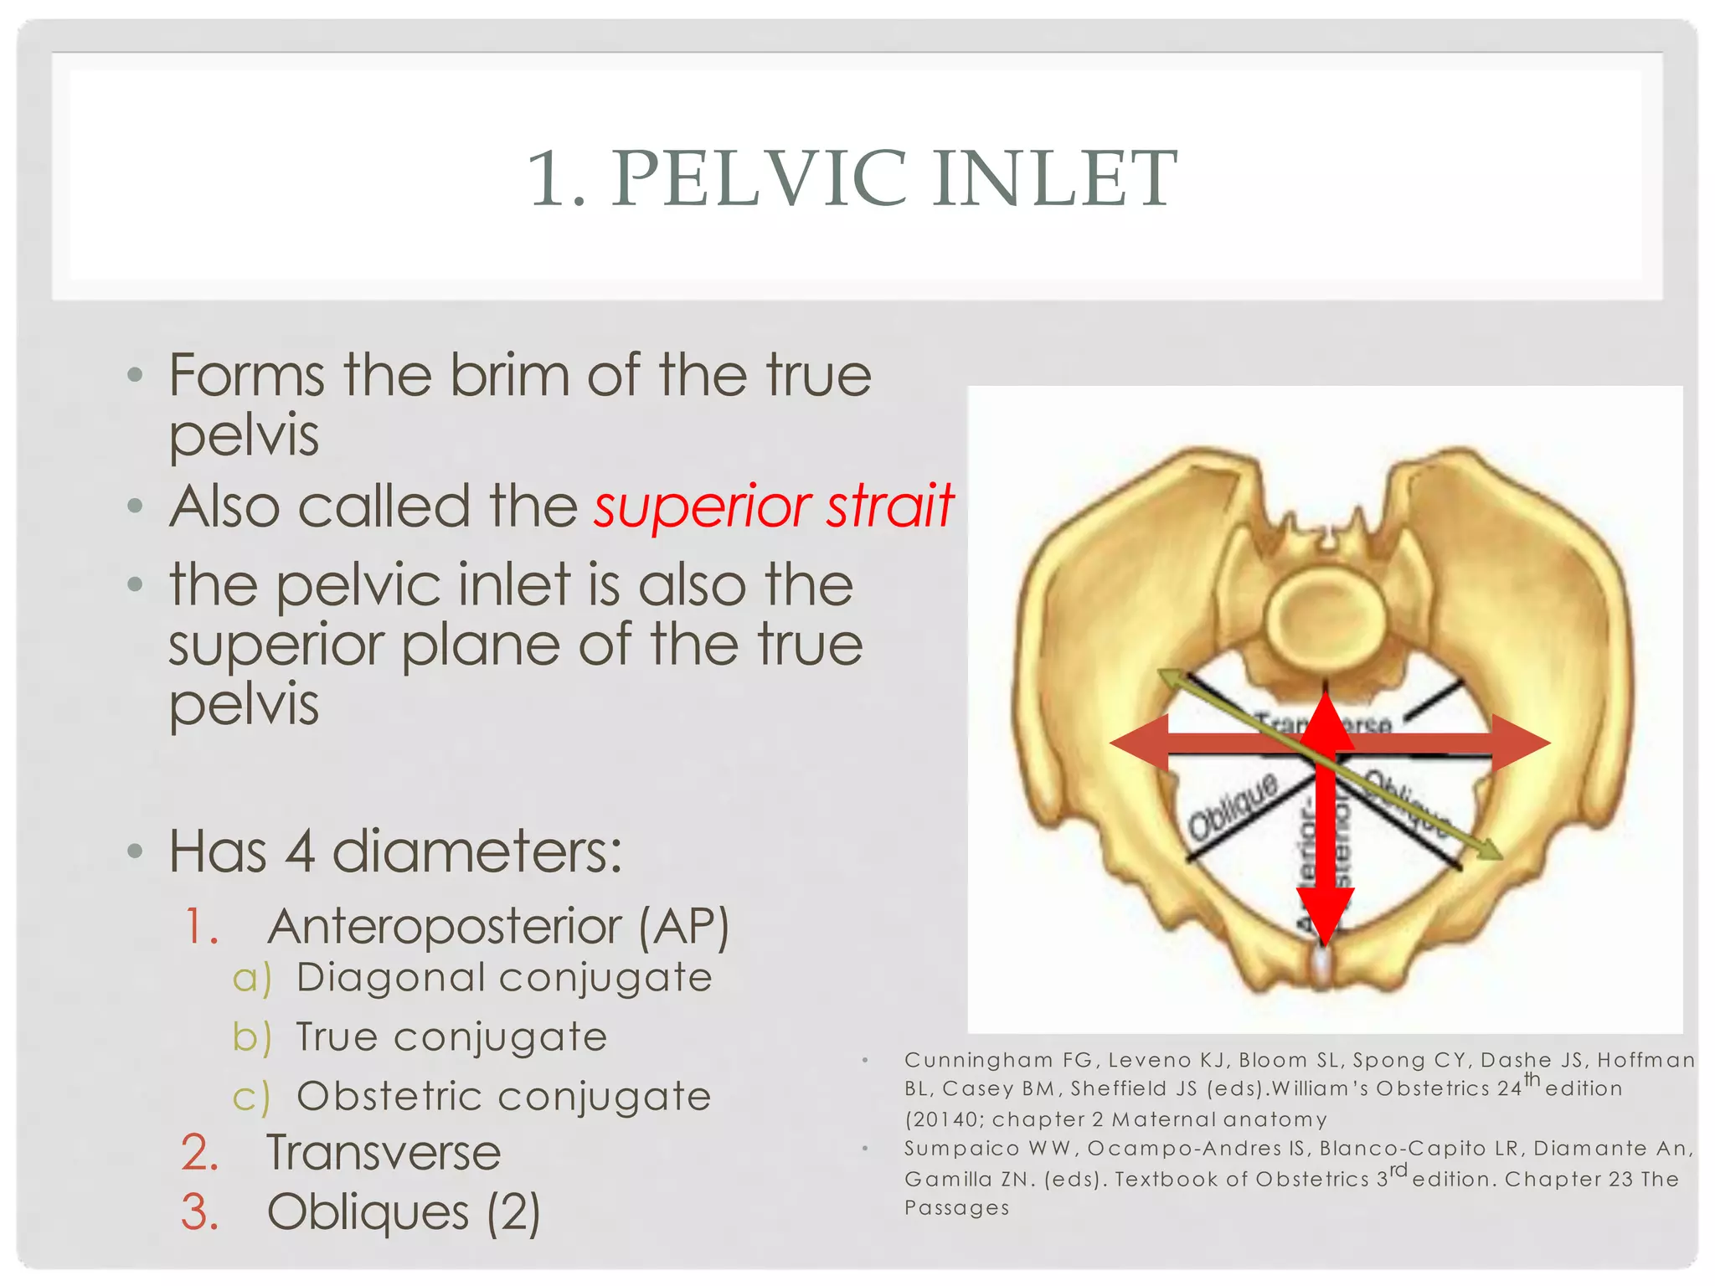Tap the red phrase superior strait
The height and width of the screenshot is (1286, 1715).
coord(773,507)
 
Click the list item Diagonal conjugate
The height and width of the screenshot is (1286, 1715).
coord(503,978)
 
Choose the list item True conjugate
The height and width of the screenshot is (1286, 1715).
coord(451,1037)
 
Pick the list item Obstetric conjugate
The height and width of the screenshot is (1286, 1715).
coord(503,1097)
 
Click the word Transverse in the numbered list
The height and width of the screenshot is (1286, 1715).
coord(384,1153)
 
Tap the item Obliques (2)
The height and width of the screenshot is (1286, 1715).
coord(403,1212)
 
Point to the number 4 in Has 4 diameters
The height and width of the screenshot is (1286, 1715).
coord(299,851)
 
